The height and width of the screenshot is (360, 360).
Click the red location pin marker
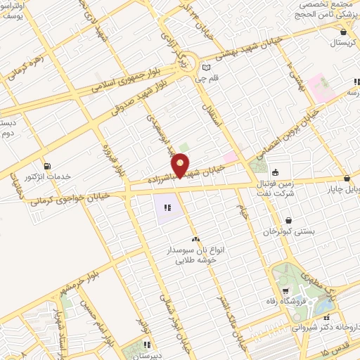tap(181, 165)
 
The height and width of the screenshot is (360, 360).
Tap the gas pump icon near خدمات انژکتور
tap(46, 165)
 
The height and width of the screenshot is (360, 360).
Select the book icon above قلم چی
tap(205, 67)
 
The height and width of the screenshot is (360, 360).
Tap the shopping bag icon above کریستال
tap(342, 32)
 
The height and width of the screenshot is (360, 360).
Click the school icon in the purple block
tap(167, 208)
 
